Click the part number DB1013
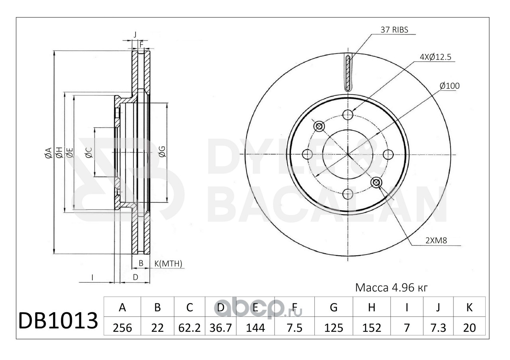[x=58, y=321]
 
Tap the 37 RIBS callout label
[x=394, y=30]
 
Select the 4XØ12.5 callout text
[x=435, y=57]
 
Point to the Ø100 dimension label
[x=450, y=86]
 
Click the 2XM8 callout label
[x=436, y=241]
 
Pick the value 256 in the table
[x=122, y=328]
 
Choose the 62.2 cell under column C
[x=189, y=328]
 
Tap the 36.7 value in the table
[x=221, y=328]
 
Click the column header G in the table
[x=333, y=307]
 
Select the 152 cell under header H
[x=372, y=328]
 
